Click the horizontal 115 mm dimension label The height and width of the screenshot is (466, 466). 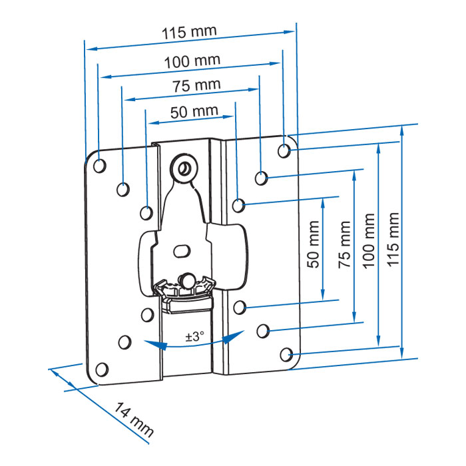[189, 32]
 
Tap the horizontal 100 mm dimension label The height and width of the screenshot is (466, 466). [192, 61]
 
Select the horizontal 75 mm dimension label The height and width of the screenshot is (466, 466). [197, 85]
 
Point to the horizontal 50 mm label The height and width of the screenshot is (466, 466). [194, 112]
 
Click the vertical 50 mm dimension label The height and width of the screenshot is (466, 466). [314, 244]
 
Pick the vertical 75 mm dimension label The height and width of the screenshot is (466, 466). [344, 244]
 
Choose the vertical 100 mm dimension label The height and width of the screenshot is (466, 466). [369, 241]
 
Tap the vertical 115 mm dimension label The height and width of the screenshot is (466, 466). [393, 240]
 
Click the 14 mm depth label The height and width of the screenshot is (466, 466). [134, 419]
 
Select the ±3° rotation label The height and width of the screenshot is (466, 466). [195, 337]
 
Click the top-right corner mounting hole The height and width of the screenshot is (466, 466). [284, 150]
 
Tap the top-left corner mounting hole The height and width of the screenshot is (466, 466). [100, 166]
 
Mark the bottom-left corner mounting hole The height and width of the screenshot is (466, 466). [102, 369]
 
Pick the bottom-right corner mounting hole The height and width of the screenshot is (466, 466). [286, 355]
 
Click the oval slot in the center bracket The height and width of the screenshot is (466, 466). [182, 251]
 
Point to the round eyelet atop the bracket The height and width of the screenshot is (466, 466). [184, 169]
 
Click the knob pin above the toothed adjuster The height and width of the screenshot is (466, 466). [186, 280]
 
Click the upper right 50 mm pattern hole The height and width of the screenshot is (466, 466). [238, 205]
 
